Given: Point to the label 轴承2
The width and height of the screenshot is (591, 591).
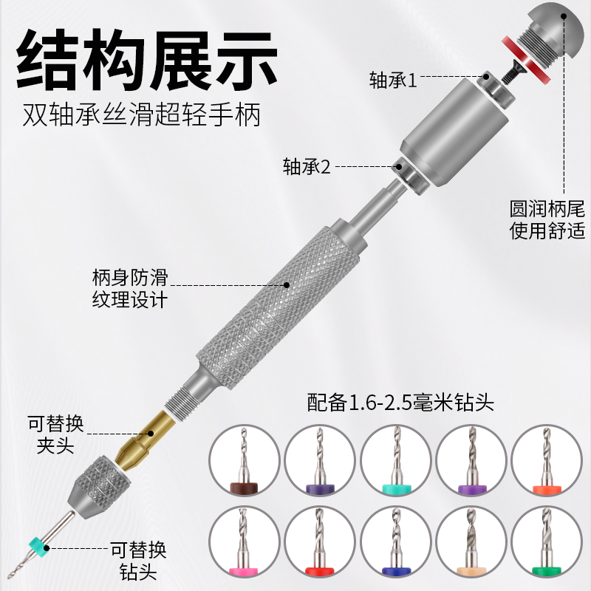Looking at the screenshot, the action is [305, 166].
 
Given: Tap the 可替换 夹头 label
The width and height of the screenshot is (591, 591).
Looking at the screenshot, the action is [55, 437].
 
